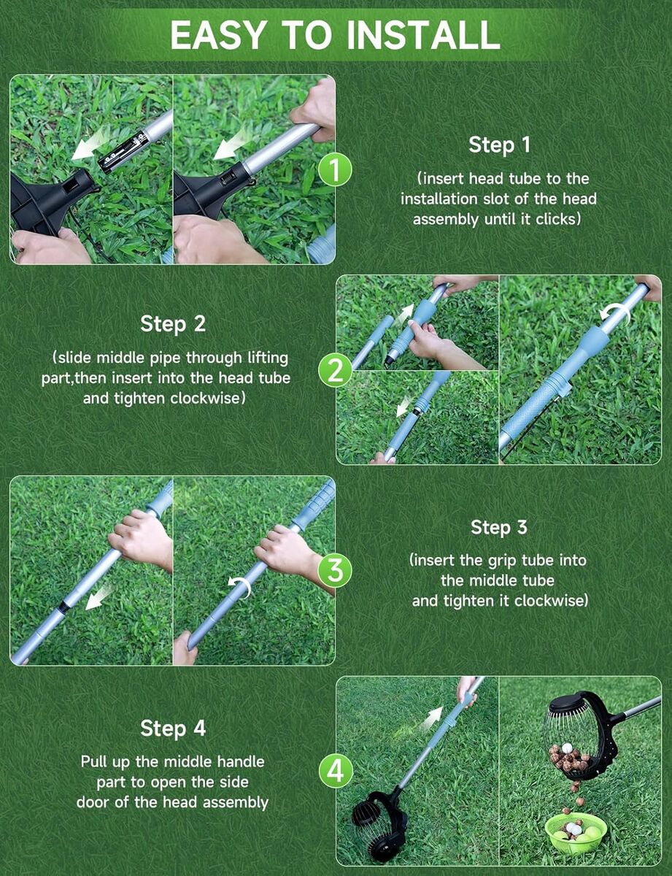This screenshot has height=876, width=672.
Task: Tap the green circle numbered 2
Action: tap(335, 370)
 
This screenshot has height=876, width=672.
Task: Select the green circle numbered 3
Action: tap(335, 571)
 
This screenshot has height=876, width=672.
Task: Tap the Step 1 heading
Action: tap(499, 145)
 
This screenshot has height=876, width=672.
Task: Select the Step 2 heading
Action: tap(173, 323)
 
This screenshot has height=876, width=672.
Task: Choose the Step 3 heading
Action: tap(499, 526)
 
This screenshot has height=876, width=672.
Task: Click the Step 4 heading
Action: tap(173, 728)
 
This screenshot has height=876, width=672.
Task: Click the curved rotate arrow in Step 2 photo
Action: tap(615, 313)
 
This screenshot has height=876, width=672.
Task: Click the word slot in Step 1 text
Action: tap(506, 199)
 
